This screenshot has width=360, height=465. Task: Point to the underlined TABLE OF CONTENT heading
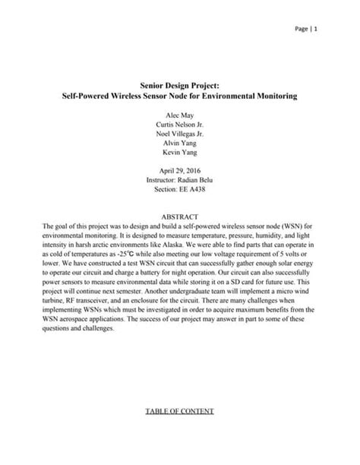coord(180,411)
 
